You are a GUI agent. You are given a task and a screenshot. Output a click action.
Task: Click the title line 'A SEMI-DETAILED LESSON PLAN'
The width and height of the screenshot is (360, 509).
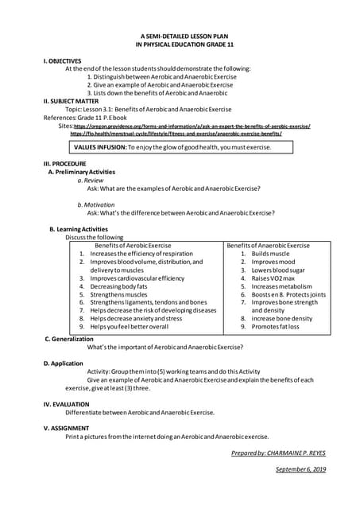point(179,37)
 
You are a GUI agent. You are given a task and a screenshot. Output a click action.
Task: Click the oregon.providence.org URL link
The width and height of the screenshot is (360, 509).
point(192,126)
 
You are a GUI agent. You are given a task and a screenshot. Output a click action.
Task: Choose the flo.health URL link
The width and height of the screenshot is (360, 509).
point(176,134)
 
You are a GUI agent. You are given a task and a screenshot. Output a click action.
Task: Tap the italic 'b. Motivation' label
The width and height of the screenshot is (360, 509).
point(96,204)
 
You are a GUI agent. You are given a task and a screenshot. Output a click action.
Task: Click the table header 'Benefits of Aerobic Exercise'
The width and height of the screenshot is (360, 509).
point(133,246)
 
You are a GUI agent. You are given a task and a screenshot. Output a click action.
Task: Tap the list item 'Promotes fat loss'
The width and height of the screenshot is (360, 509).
point(275,327)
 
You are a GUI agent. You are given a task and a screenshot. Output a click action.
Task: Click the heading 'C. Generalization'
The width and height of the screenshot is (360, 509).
point(69,339)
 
